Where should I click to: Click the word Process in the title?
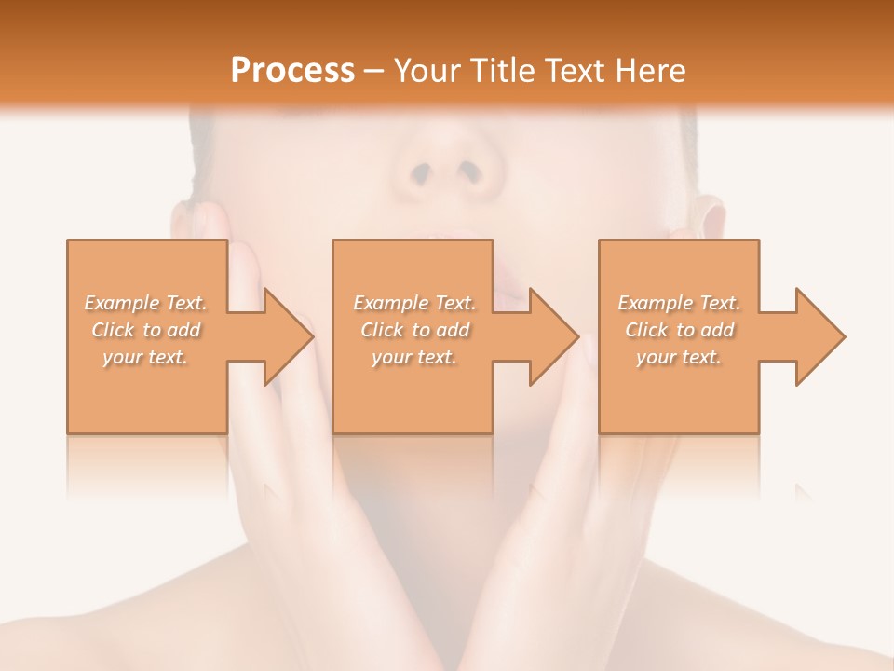[292, 71]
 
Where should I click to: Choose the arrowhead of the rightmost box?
[819, 336]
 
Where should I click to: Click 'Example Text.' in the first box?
[145, 303]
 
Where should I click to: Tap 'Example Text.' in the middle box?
[413, 303]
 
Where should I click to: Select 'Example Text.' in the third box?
[679, 303]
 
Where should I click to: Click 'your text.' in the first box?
[145, 356]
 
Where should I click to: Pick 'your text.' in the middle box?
[413, 356]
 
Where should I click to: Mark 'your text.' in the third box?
[679, 356]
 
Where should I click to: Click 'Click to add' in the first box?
[145, 330]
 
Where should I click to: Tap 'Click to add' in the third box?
[679, 330]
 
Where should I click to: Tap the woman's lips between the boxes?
[508, 280]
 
